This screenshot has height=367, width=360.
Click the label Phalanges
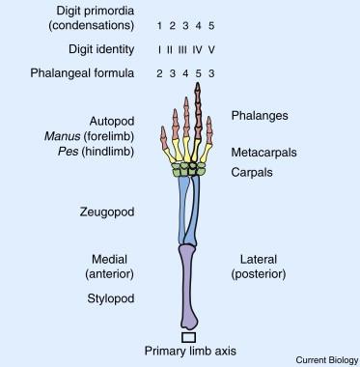click(258, 116)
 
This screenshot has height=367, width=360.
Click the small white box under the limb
click(189, 336)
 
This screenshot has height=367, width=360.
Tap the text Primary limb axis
click(188, 351)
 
